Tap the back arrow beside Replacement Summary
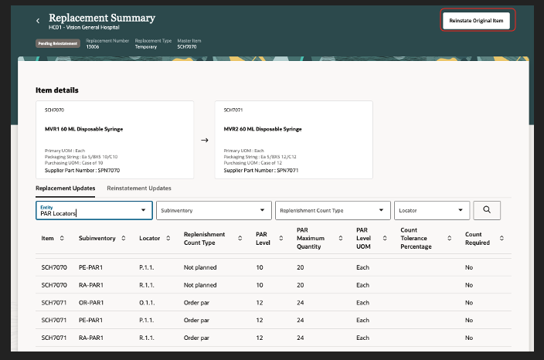pyautogui.click(x=38, y=20)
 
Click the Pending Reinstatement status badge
pyautogui.click(x=58, y=43)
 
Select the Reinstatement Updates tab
pyautogui.click(x=139, y=188)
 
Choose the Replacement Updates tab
pyautogui.click(x=65, y=188)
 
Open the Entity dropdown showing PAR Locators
pyautogui.click(x=93, y=209)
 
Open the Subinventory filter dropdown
pyautogui.click(x=214, y=209)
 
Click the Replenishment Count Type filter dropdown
pyautogui.click(x=333, y=209)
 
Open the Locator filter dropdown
pyautogui.click(x=432, y=209)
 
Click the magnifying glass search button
pyautogui.click(x=487, y=209)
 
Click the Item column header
pyautogui.click(x=48, y=239)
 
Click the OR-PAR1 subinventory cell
pyautogui.click(x=93, y=304)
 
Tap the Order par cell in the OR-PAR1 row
pyautogui.click(x=200, y=304)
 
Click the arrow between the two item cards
pyautogui.click(x=204, y=141)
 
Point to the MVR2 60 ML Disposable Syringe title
pyautogui.click(x=263, y=129)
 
